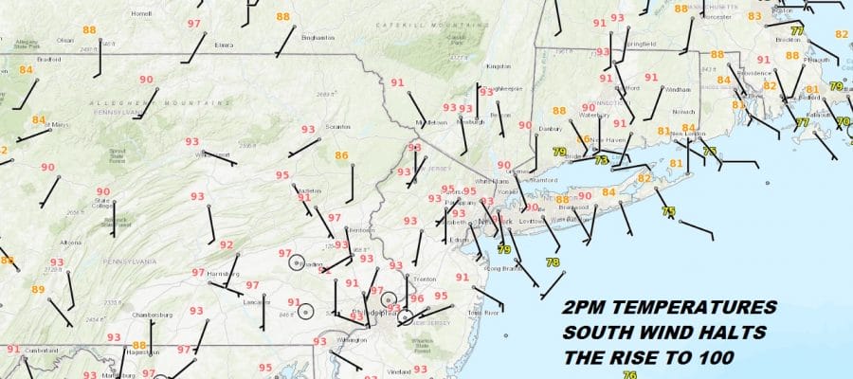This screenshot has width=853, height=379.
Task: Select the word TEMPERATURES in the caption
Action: [x=703, y=309]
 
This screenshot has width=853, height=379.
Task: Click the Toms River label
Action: [x=484, y=312]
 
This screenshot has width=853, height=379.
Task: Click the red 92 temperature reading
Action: [x=227, y=245]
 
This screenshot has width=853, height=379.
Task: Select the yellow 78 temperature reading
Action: [x=553, y=262]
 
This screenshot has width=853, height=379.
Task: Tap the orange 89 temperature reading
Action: [x=38, y=290]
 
